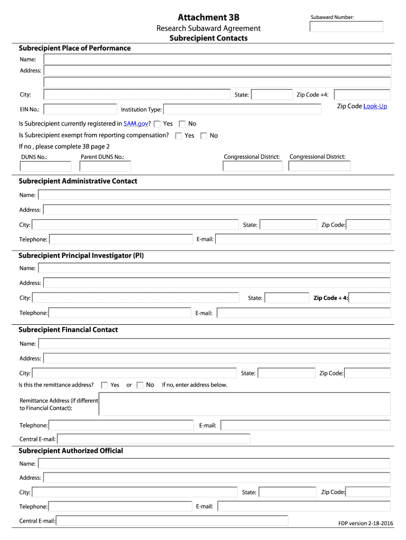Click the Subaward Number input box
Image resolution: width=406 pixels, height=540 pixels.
[346, 26]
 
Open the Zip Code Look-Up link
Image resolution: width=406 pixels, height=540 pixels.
[375, 107]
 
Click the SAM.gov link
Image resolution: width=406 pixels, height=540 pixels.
[136, 124]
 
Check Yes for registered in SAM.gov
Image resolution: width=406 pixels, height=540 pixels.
[157, 124]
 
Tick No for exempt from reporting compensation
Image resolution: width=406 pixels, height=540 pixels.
[204, 136]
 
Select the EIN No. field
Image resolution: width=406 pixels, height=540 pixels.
[80, 110]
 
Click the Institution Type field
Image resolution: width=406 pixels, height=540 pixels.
[242, 110]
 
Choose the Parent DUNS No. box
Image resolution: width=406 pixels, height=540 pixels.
[105, 166]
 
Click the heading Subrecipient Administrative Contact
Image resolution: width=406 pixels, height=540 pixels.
[78, 181]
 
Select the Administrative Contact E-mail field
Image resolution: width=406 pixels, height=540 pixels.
[303, 239]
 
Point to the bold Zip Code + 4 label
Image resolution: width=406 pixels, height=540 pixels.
[331, 298]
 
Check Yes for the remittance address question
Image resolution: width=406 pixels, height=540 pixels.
[104, 385]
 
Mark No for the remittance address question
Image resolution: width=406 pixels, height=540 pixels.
[140, 385]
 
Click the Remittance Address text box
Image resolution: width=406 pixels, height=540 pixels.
[244, 404]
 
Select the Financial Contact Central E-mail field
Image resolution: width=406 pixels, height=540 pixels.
[153, 439]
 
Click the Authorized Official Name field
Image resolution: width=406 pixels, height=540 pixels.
[214, 464]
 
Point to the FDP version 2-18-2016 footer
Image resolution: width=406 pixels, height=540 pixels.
[365, 523]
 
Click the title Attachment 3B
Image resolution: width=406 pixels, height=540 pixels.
[208, 17]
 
